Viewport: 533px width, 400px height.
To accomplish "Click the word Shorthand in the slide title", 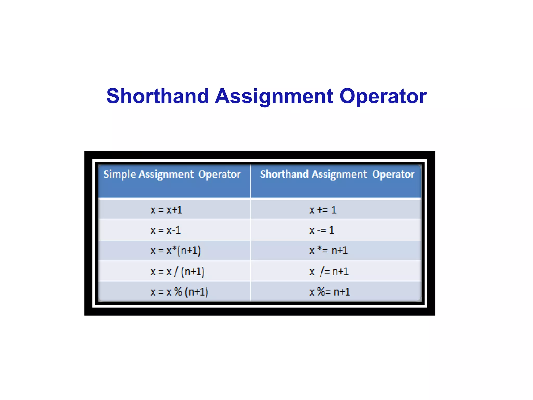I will [158, 96].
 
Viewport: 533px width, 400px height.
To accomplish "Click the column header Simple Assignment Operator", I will [172, 174].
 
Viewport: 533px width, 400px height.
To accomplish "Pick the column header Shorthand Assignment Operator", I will [337, 174].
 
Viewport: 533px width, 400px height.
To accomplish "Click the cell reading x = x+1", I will [166, 210].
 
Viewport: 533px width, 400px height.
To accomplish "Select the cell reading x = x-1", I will [166, 230].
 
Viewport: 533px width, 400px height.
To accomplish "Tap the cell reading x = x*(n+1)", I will [176, 251].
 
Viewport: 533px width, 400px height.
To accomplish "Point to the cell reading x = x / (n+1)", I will [177, 272].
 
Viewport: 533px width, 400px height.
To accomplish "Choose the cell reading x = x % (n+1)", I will [179, 292].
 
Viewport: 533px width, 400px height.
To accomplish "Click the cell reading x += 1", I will [323, 210].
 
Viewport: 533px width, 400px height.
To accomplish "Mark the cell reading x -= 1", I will [322, 230].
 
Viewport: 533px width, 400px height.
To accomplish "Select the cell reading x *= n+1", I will [328, 251].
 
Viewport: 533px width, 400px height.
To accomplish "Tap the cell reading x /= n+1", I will [329, 272].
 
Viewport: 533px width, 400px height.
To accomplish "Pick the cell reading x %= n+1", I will [329, 292].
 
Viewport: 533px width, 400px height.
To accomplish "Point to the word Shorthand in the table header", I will [284, 174].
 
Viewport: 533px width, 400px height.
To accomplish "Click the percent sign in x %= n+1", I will [321, 292].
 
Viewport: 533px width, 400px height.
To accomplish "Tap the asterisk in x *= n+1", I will [320, 248].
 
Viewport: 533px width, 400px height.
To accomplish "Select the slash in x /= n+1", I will [322, 271].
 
